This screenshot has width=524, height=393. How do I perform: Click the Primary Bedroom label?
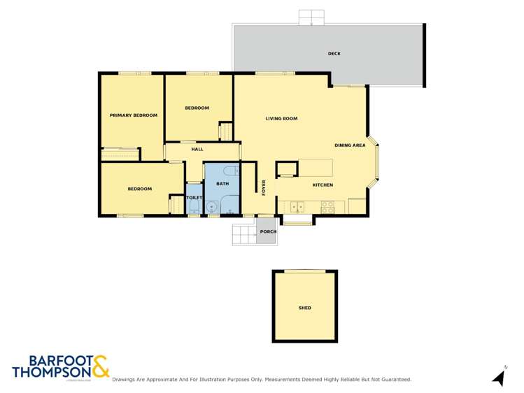133,115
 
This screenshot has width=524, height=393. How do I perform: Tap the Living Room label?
281,119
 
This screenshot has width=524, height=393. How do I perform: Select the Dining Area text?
350,145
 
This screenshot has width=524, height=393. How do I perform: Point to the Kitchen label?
323,185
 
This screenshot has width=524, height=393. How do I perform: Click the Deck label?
334,54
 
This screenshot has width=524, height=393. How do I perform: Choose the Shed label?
304,308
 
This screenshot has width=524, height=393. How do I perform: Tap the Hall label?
197,149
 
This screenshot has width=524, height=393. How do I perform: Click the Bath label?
222,183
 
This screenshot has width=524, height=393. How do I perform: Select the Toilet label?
194,198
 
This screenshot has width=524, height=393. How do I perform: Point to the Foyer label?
264,187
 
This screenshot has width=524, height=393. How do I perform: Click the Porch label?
268,231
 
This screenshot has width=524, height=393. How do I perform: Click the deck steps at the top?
311,17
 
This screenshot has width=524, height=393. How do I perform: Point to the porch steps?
244,235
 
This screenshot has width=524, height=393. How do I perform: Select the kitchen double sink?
298,206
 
